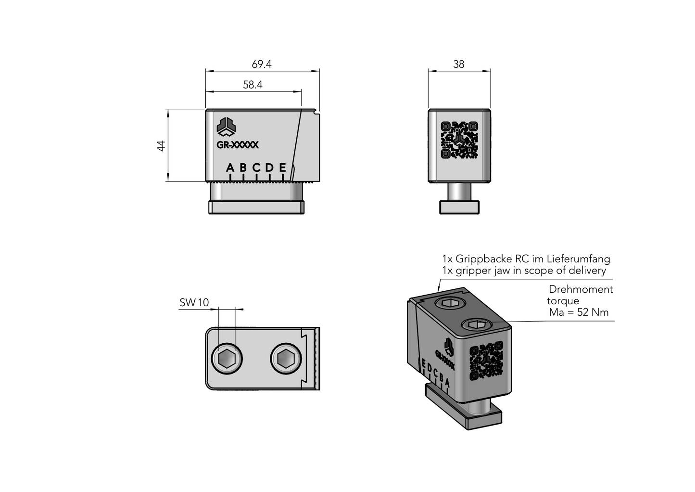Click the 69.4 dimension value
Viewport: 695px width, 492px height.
pyautogui.click(x=262, y=65)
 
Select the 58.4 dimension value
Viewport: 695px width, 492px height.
pyautogui.click(x=253, y=85)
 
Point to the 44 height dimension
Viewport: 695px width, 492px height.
pyautogui.click(x=162, y=145)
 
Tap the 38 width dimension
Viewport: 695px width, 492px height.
pyautogui.click(x=459, y=65)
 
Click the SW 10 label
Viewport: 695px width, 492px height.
pyautogui.click(x=194, y=303)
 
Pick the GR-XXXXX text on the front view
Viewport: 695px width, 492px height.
pyautogui.click(x=238, y=144)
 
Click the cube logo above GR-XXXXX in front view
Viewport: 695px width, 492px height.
pyautogui.click(x=226, y=127)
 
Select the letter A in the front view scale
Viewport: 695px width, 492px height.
pyautogui.click(x=230, y=168)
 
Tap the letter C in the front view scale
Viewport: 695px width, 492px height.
pyautogui.click(x=256, y=168)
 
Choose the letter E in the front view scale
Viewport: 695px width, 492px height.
pyautogui.click(x=282, y=168)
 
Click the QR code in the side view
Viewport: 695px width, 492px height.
pyautogui.click(x=460, y=140)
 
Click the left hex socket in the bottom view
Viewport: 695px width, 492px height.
pyautogui.click(x=226, y=359)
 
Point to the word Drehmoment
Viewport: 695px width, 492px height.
pyautogui.click(x=581, y=290)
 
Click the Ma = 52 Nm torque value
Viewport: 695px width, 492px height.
pyautogui.click(x=579, y=312)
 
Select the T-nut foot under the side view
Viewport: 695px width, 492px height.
pyautogui.click(x=460, y=207)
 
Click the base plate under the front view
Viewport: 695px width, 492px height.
pyautogui.click(x=257, y=207)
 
